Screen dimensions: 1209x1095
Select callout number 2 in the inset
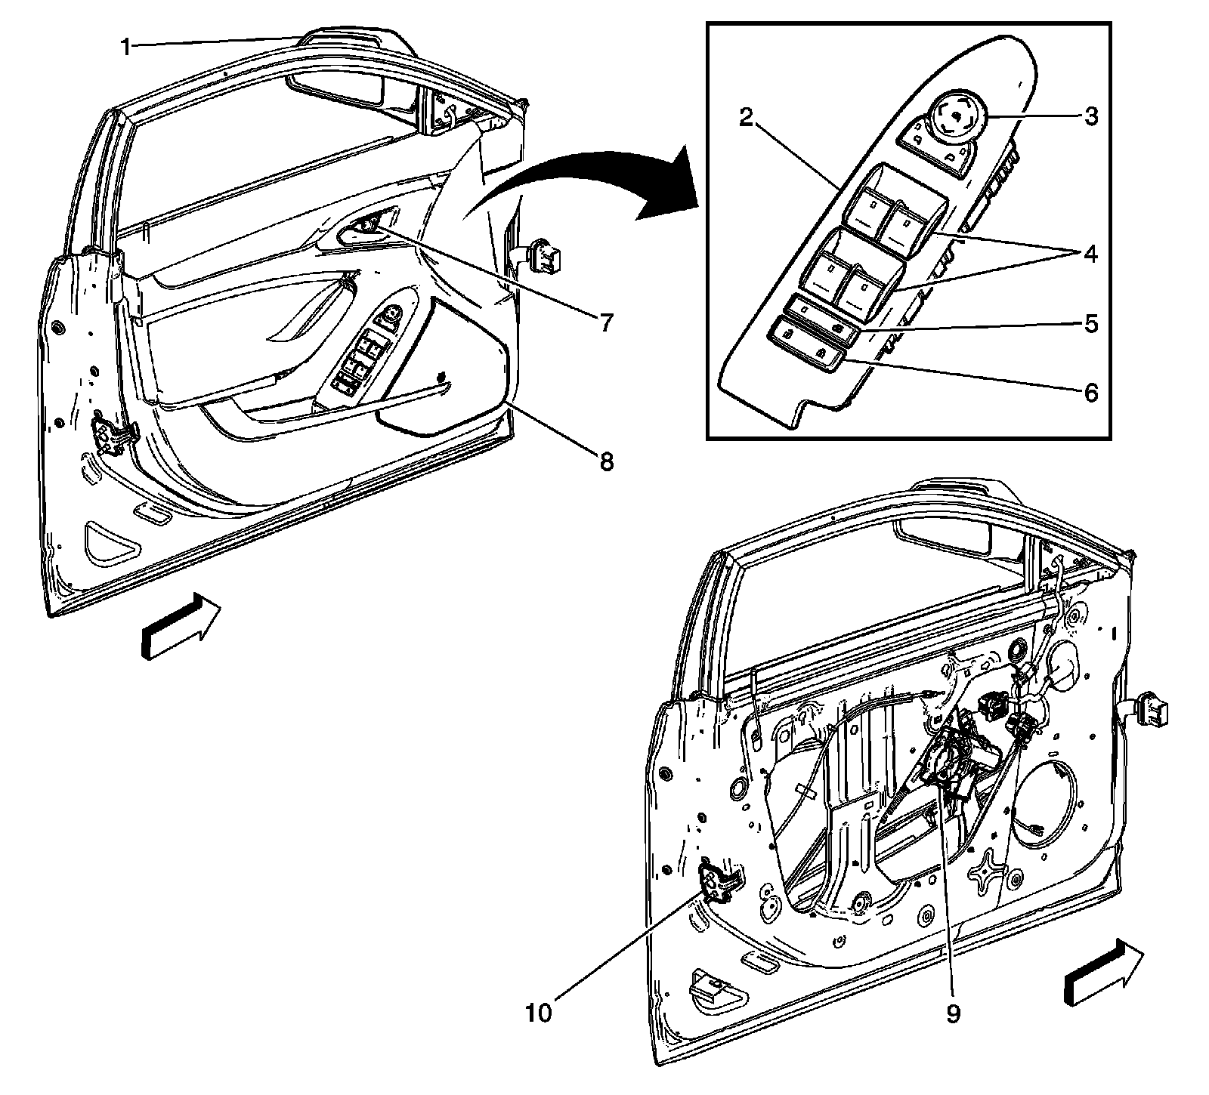click(x=746, y=119)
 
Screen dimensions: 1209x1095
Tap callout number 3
click(x=1090, y=116)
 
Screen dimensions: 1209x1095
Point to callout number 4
click(x=1090, y=254)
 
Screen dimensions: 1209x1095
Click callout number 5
click(x=1090, y=324)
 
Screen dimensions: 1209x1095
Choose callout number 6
click(x=1090, y=393)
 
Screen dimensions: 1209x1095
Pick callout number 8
click(x=607, y=461)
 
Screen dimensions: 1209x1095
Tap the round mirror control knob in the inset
click(x=954, y=118)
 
